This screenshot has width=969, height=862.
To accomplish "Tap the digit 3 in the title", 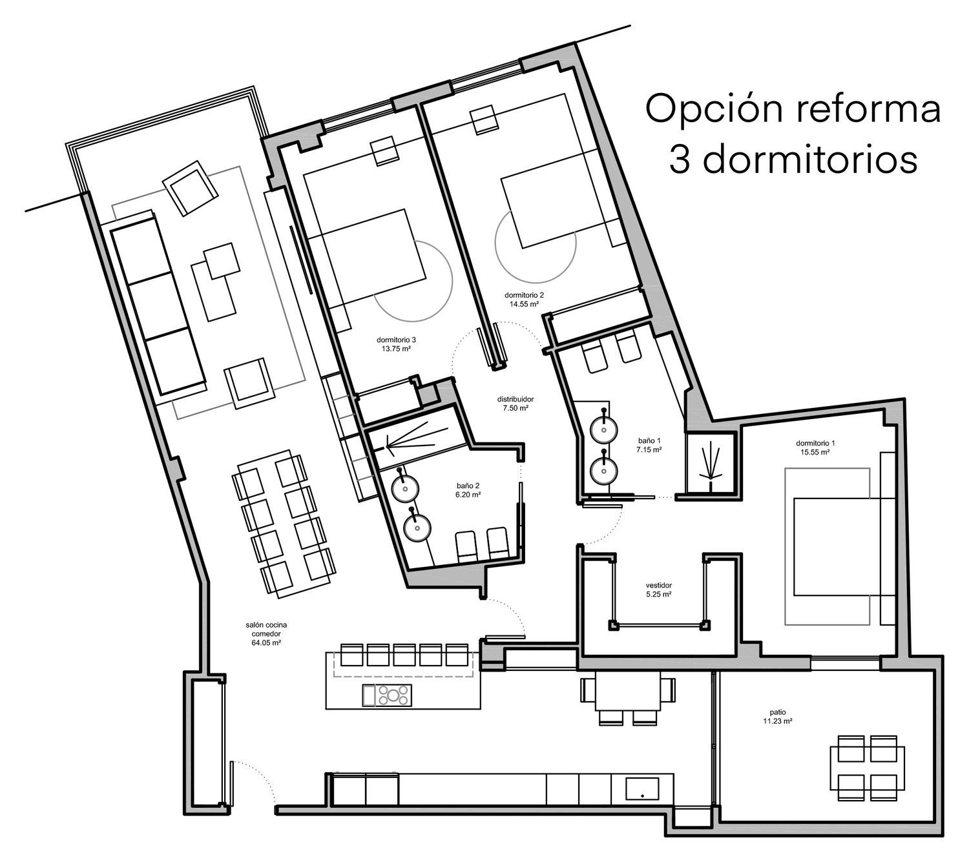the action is [680, 159].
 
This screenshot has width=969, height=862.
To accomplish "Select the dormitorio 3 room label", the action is [396, 340].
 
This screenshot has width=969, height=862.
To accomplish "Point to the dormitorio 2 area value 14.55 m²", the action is [524, 304].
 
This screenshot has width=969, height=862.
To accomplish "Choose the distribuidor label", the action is [515, 399].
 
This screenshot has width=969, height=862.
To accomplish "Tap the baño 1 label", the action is [649, 440].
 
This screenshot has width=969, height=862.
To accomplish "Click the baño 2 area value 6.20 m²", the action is [468, 495].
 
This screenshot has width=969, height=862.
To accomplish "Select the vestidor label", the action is [658, 585].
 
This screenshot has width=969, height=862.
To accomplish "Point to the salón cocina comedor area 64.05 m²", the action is [266, 643].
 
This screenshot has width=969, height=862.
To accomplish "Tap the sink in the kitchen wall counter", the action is [642, 788].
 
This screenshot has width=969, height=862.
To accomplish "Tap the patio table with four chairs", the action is [868, 768].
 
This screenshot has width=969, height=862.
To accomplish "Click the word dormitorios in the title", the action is [809, 159].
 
